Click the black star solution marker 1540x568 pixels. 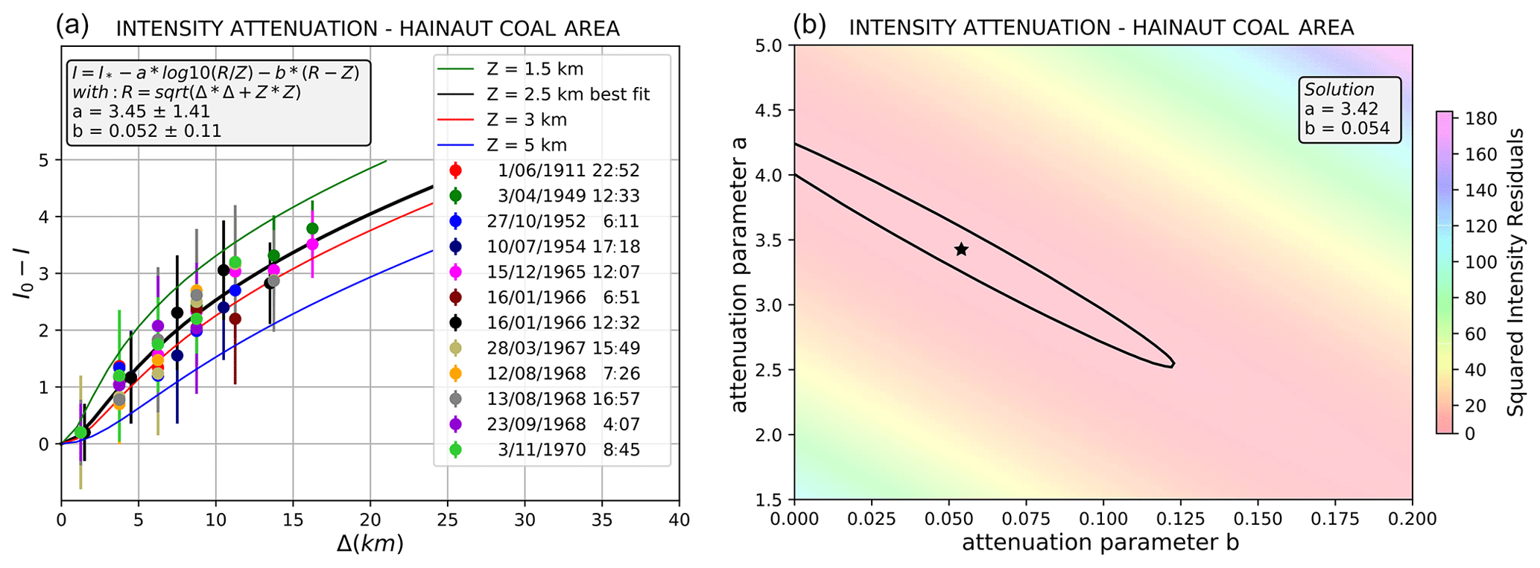point(961,249)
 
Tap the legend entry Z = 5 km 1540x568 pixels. point(526,145)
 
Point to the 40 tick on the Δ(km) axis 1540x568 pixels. point(679,519)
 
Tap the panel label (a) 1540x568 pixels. point(72,26)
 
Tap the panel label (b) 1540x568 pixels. point(810,26)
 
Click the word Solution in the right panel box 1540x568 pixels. point(1338,89)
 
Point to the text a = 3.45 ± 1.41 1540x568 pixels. point(141,112)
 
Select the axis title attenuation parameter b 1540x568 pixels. point(1100,543)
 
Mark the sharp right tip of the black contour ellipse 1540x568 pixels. point(1174,365)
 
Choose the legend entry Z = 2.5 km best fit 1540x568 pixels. point(568,95)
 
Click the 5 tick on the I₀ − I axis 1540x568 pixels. point(44,160)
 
